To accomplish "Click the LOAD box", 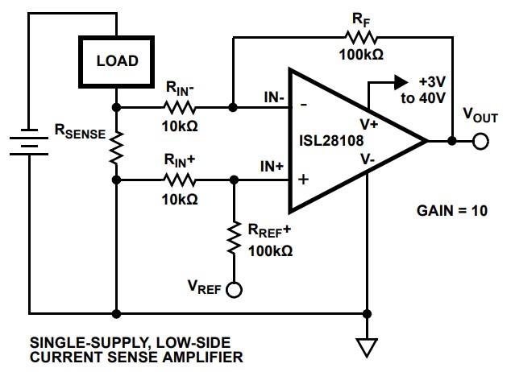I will pyautogui.click(x=117, y=60).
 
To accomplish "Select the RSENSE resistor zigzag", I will pyautogui.click(x=117, y=143).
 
